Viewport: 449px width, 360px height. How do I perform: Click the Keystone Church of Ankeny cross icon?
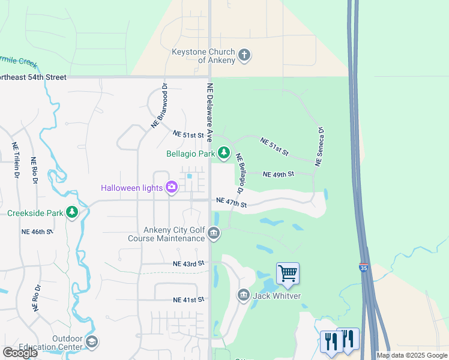[244, 56]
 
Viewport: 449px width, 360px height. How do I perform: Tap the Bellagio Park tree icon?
[224, 154]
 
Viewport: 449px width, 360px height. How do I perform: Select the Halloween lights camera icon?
[172, 188]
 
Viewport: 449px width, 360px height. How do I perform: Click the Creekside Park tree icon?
[72, 212]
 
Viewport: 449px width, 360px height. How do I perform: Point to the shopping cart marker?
[288, 274]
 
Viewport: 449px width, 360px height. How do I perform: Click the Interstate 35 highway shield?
[364, 268]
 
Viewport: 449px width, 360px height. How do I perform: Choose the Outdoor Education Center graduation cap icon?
[92, 342]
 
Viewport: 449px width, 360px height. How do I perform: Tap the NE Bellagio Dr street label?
[240, 173]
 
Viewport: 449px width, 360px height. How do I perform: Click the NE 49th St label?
[279, 174]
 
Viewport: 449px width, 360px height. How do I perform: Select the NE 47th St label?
[231, 202]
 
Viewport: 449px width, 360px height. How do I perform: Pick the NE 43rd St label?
[188, 263]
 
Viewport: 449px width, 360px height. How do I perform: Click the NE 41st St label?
[188, 299]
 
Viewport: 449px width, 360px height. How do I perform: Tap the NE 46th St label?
[37, 231]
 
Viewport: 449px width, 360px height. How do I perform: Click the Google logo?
[20, 353]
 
